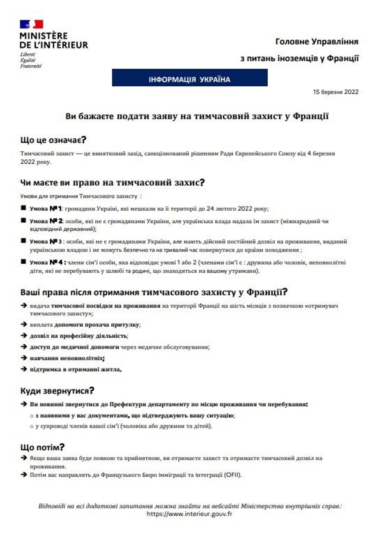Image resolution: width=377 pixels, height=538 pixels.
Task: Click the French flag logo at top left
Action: [31, 24]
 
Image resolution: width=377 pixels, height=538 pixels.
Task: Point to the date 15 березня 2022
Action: [335, 92]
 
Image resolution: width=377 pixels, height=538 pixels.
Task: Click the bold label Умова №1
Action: [46, 209]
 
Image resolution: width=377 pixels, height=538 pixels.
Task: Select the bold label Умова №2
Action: [46, 221]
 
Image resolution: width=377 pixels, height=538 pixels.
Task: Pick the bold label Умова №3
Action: [46, 242]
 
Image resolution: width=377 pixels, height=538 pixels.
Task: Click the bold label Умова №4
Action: [48, 262]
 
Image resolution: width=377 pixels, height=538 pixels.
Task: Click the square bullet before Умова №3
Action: [24, 241]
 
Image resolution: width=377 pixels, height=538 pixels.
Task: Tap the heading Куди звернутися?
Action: [57, 391]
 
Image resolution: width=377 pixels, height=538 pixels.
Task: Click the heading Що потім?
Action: [42, 447]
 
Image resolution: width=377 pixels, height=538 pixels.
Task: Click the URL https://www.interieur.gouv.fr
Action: [189, 514]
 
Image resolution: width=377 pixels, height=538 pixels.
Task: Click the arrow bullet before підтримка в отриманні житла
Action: [24, 369]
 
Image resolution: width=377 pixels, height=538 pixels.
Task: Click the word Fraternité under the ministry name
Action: [31, 66]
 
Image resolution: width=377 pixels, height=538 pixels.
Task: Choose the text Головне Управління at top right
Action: [317, 42]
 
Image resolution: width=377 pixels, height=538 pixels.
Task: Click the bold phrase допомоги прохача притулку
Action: [96, 325]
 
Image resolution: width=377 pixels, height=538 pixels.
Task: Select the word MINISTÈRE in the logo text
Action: [44, 36]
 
